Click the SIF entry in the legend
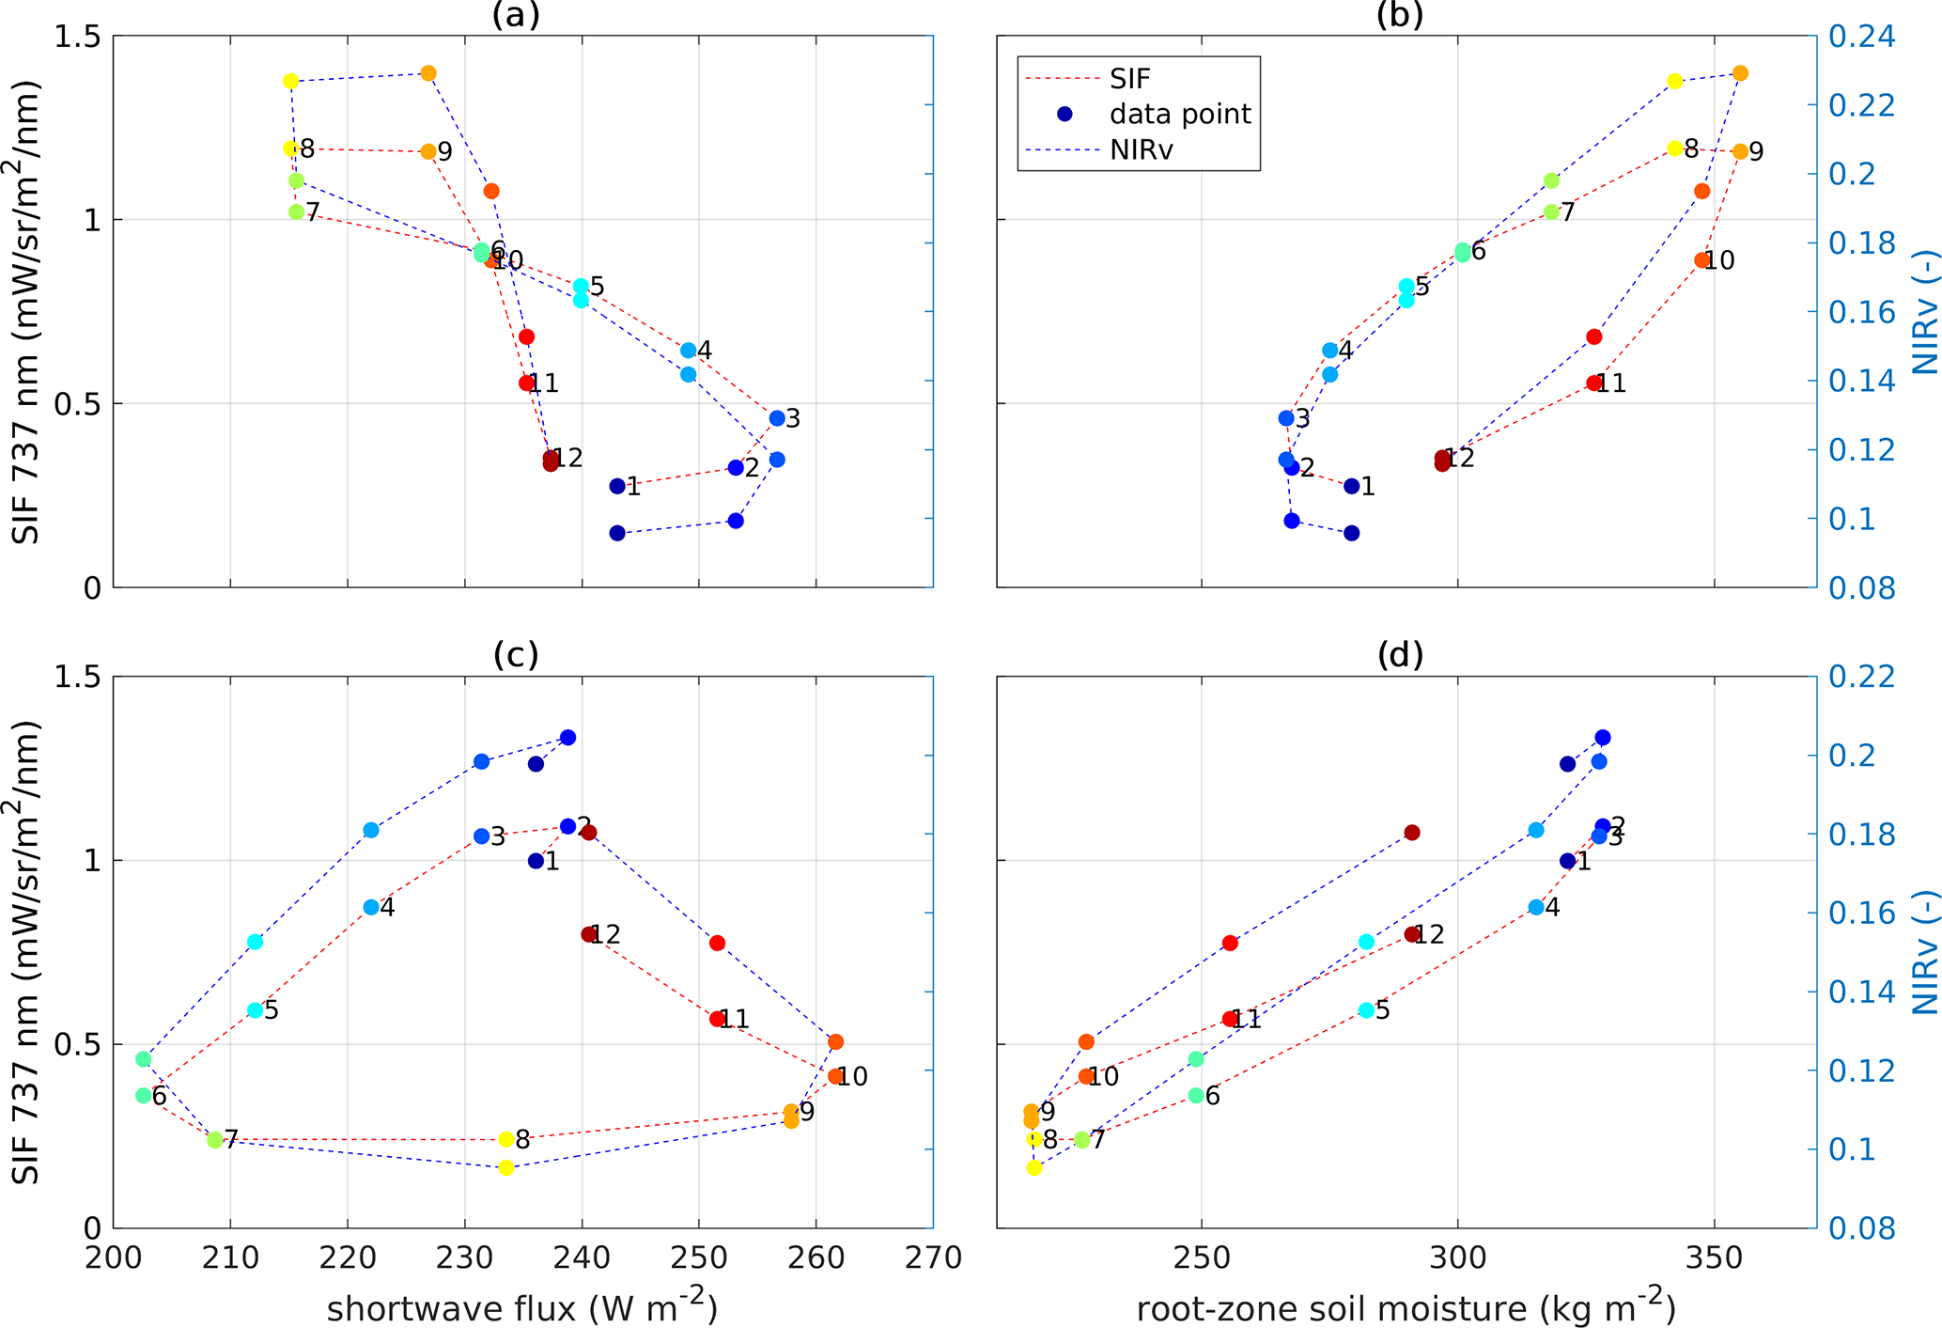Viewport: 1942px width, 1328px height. (x=1129, y=79)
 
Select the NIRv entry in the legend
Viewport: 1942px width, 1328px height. (x=1141, y=149)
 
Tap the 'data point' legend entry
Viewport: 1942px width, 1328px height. (x=1180, y=115)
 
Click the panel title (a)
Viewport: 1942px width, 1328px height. (x=516, y=15)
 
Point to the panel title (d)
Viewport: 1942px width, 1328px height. (x=1400, y=655)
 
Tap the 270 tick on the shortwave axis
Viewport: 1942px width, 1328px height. (x=932, y=1258)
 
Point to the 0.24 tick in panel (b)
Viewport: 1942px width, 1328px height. (x=1861, y=38)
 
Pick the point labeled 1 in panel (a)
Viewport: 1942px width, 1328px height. (x=617, y=486)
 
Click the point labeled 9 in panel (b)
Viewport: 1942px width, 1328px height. (x=1740, y=151)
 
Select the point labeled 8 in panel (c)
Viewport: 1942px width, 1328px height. (x=506, y=1139)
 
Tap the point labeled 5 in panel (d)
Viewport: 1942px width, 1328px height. (x=1366, y=1010)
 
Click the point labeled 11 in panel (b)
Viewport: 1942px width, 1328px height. (x=1593, y=383)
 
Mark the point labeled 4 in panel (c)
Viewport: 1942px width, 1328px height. (x=371, y=907)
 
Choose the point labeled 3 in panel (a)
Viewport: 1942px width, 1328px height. (x=777, y=418)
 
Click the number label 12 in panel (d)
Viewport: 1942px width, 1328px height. (x=1429, y=934)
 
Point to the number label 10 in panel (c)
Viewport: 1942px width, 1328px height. (x=852, y=1077)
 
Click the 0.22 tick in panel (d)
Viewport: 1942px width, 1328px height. (x=1861, y=677)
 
